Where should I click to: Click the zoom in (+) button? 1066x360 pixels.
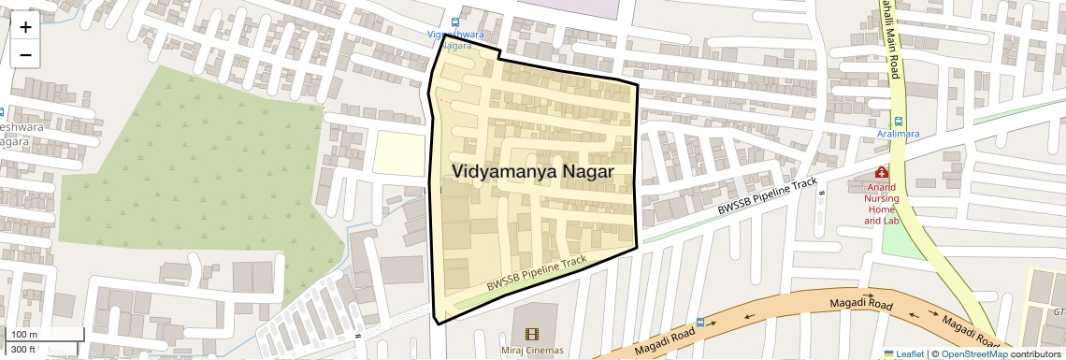(x=25, y=26)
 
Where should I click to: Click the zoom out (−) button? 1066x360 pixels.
(x=25, y=54)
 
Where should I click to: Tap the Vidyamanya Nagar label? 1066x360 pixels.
(x=533, y=172)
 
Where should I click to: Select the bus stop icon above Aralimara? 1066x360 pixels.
(x=899, y=121)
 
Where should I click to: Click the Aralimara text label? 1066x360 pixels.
(x=898, y=134)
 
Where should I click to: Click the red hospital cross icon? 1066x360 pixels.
(x=880, y=172)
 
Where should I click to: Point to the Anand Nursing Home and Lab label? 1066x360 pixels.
(x=879, y=204)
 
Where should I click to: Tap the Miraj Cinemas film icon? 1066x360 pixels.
(x=532, y=335)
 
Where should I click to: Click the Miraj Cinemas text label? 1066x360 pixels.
(x=532, y=351)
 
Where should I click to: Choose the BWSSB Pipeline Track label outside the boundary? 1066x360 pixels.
(x=767, y=199)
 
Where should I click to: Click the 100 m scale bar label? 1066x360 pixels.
(x=23, y=335)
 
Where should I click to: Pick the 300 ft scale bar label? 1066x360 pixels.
(x=23, y=349)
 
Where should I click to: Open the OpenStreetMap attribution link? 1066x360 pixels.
(x=972, y=353)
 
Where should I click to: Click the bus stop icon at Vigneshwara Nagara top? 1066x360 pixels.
(x=455, y=22)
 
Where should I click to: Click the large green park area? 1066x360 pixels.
(x=206, y=178)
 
